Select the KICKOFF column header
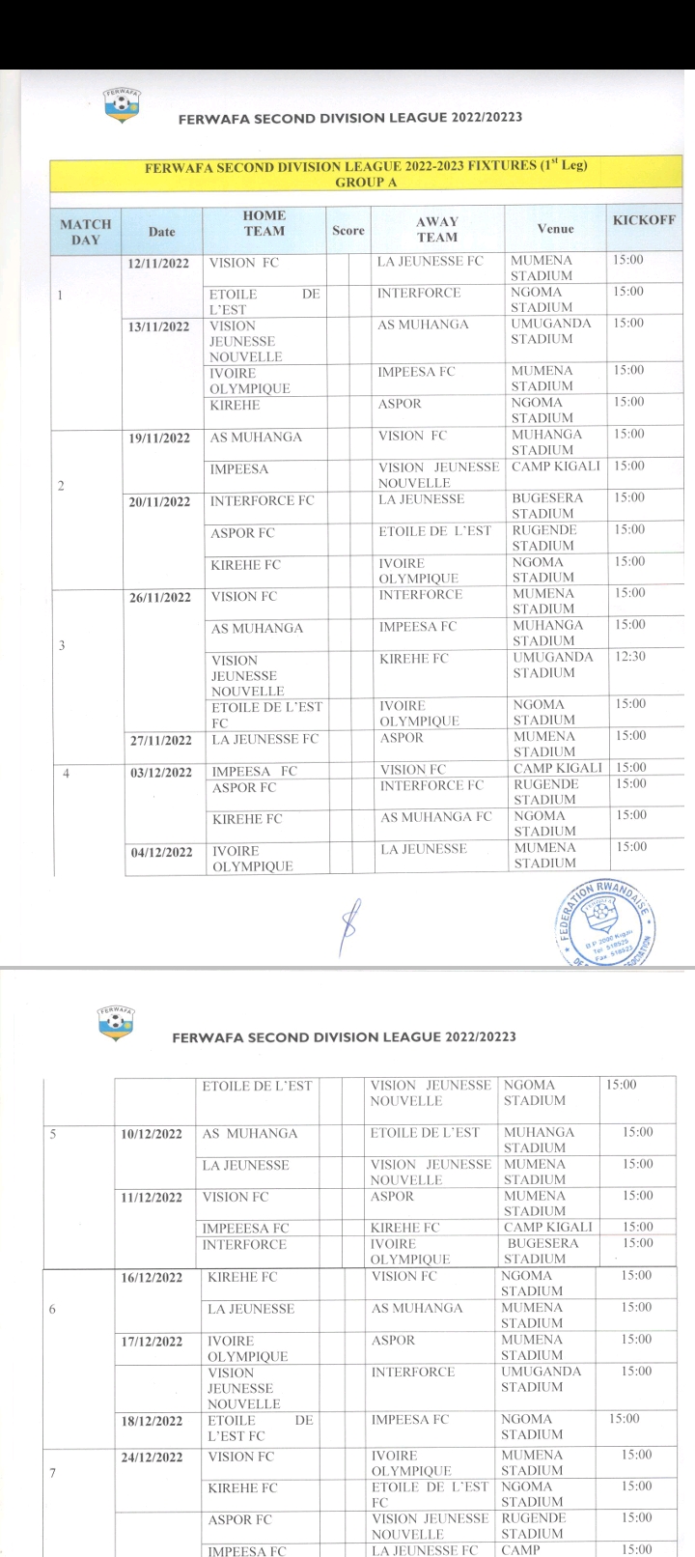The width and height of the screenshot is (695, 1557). [x=644, y=220]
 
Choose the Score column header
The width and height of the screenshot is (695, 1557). [x=347, y=231]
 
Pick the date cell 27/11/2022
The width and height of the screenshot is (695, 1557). [x=159, y=741]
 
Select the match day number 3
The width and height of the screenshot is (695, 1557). [x=61, y=645]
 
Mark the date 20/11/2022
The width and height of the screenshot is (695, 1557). [x=159, y=502]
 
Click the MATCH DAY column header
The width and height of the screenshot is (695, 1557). [x=86, y=231]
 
